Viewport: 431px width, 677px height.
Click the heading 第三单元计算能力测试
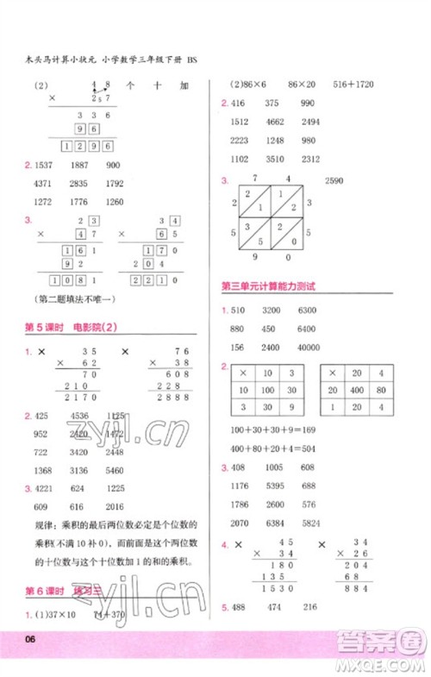(269, 286)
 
